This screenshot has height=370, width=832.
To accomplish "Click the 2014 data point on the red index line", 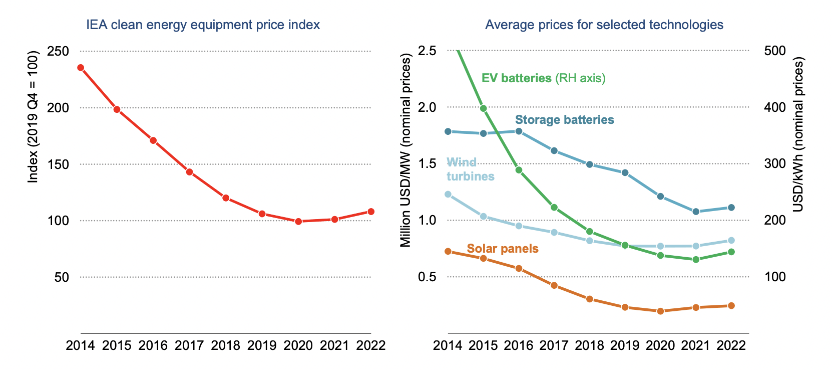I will coord(81,68).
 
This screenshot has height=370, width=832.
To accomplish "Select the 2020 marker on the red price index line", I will coord(298,221).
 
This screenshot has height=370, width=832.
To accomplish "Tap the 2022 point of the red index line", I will coord(371,212).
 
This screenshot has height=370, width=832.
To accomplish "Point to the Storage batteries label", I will coord(564,120).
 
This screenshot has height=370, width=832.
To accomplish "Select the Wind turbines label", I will coord(470,169).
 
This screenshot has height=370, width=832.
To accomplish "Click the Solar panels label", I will coord(503,249).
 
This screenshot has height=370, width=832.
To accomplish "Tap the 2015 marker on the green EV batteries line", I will coord(484,108).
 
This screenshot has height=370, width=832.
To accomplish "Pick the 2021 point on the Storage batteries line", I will coord(696,212).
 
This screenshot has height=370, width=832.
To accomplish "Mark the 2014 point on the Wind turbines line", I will coord(448,194).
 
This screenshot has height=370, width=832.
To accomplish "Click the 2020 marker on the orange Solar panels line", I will coord(660,311).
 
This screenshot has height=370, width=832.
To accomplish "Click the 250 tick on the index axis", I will coord(58,51).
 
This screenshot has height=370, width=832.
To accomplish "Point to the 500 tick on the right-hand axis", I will coord(775,51).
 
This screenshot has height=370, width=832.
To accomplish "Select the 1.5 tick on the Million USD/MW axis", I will coord(427,164).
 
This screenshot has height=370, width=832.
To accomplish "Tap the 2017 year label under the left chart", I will coord(189,345).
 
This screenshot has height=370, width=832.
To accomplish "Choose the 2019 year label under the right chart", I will coord(625,345).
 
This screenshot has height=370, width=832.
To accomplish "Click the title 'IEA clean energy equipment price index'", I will coord(203,25).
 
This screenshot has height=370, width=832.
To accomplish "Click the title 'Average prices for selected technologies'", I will coord(604,25).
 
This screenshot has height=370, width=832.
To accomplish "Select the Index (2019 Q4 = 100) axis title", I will coord(33,116).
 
